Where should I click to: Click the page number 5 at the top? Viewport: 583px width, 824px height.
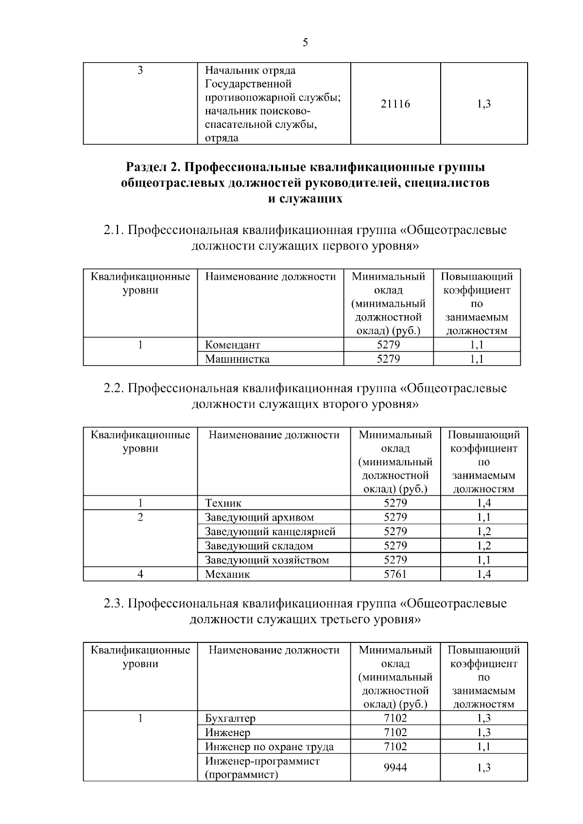pos(305,43)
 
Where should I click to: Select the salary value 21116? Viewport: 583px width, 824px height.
pos(395,104)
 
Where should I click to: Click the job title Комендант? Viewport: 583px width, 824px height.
pos(232,345)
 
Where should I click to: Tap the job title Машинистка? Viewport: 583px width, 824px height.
pos(237,359)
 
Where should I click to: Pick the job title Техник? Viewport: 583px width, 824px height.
pos(223,503)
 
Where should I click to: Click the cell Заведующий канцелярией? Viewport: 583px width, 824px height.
pos(270,531)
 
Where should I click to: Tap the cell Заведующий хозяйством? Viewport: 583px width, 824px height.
pos(267,560)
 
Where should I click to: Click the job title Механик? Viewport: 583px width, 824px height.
pos(227,574)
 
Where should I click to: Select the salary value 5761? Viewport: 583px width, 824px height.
pos(395,574)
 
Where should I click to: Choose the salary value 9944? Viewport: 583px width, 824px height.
pos(395,768)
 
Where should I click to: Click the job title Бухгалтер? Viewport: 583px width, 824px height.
pos(230,718)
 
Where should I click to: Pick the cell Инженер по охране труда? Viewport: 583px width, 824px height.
pos(269,747)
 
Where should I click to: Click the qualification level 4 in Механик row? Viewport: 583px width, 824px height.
pos(140,574)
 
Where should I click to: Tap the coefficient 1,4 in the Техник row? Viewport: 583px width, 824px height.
pos(483,503)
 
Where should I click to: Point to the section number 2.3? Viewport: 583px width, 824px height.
pos(114,604)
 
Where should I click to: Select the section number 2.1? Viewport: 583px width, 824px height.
pos(114,230)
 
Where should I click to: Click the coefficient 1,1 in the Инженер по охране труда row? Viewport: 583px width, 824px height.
pos(483,747)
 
